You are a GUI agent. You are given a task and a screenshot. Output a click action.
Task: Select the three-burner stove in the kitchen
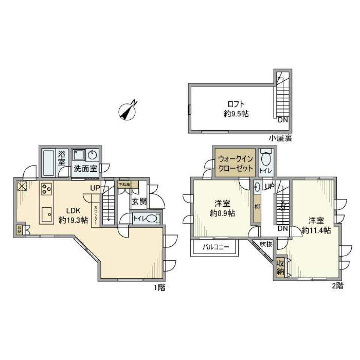47,188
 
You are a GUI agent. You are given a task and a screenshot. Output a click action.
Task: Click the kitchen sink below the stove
47,215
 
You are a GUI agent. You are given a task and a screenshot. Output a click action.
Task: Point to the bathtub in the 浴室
48,163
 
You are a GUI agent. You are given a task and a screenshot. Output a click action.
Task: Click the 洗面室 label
85,168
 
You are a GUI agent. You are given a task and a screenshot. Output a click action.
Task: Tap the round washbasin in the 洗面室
92,154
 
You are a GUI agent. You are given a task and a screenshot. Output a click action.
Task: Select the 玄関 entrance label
138,201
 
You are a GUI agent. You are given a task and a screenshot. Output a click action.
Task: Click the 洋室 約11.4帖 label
316,225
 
